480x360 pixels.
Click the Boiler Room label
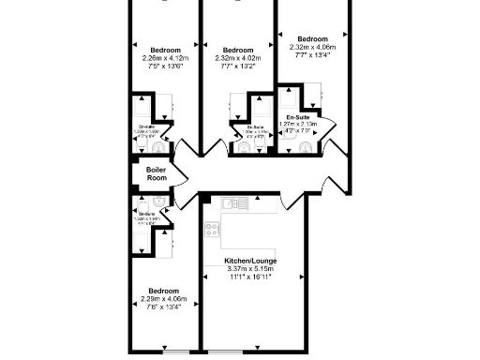tap(156, 174)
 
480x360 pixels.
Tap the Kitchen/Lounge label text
tap(248, 261)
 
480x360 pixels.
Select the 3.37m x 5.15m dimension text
tap(248, 269)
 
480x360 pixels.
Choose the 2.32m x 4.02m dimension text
tap(238, 58)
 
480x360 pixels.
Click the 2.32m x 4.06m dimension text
tap(314, 47)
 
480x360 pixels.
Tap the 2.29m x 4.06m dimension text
tap(163, 299)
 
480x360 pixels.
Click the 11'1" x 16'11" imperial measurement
tap(248, 277)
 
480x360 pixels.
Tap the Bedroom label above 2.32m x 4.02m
tap(238, 50)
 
